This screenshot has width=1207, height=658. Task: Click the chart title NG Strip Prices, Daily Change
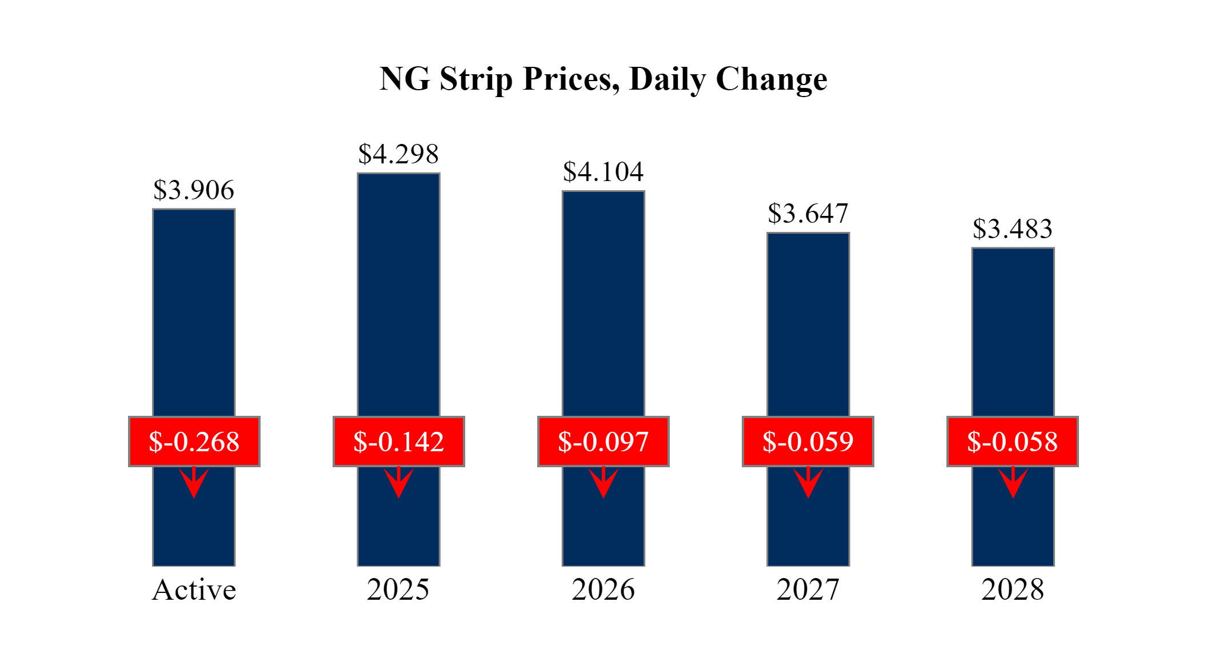[x=603, y=79]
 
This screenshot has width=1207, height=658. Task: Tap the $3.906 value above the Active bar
[x=194, y=190]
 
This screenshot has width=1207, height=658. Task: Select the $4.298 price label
[x=398, y=154]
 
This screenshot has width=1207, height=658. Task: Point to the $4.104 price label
[x=603, y=172]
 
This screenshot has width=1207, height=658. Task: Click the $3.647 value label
[x=808, y=214]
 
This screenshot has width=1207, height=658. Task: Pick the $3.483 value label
[x=1013, y=229]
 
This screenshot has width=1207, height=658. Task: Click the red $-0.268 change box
[x=194, y=442]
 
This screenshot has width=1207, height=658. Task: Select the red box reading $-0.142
[x=399, y=442]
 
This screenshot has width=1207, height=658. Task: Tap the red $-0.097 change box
[x=603, y=442]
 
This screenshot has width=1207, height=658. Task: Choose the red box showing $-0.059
[x=808, y=442]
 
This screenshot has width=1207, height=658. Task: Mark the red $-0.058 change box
[x=1013, y=442]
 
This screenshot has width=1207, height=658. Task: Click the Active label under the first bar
[x=194, y=590]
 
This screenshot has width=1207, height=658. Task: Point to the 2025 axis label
[x=398, y=590]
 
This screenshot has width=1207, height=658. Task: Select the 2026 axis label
[x=603, y=590]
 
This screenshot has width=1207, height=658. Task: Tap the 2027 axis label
[x=808, y=590]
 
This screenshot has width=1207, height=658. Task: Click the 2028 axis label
[x=1013, y=590]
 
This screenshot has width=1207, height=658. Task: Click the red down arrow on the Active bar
[x=194, y=483]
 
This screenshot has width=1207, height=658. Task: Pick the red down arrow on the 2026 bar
[x=603, y=483]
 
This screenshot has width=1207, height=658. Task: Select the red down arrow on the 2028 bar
[x=1013, y=483]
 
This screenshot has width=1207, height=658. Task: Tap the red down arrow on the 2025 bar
[x=399, y=483]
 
